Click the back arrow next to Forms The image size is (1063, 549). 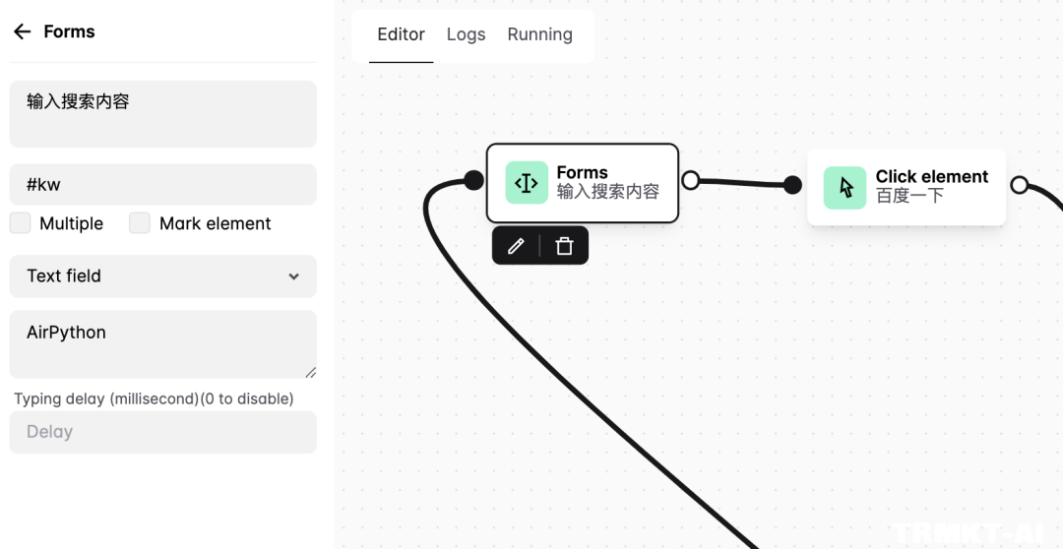point(22,31)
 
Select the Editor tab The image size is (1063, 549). point(401,34)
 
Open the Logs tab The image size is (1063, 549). point(466,34)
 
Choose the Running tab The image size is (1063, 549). point(539,34)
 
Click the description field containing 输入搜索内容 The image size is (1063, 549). point(162,113)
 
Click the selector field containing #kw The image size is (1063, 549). point(162,185)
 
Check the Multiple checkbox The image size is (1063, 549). point(21,223)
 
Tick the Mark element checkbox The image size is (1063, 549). point(140,223)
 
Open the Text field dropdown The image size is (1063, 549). point(162,276)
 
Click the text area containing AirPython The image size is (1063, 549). point(162,343)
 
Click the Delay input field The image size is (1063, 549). point(162,432)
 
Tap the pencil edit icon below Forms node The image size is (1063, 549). point(516,246)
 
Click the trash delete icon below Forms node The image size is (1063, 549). point(564,246)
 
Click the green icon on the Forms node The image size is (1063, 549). point(527,183)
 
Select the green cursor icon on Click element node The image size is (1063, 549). point(844,187)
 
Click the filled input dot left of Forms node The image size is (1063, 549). point(473,180)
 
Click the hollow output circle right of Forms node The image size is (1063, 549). point(691,180)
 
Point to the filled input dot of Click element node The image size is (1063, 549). point(792,185)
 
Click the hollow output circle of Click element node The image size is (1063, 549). point(1020,185)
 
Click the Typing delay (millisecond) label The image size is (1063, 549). point(154,398)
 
